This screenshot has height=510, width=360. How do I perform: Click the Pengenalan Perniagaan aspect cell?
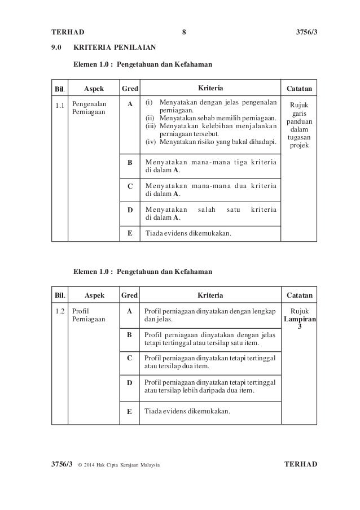click(86, 109)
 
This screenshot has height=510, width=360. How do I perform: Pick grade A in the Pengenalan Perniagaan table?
click(130, 104)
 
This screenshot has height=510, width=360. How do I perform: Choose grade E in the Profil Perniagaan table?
click(130, 412)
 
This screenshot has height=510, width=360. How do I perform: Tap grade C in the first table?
click(130, 186)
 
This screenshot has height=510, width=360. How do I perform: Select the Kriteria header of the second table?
click(210, 295)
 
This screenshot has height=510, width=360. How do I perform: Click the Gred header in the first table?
click(130, 89)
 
